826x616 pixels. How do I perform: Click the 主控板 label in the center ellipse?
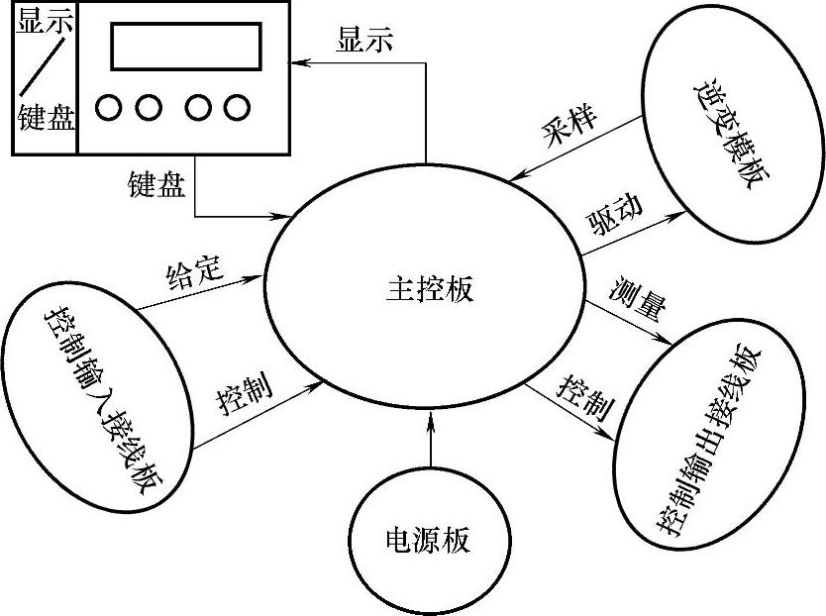point(428,288)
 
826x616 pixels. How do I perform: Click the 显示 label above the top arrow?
point(364,40)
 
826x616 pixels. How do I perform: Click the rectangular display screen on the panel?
point(185,46)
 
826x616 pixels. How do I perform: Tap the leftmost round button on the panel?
point(110,106)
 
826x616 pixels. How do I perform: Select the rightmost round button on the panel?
point(235,106)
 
